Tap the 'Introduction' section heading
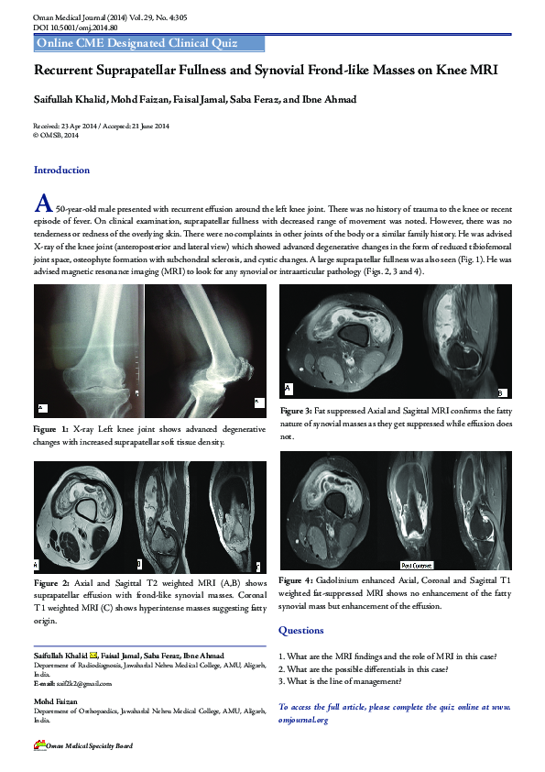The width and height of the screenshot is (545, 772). pos(61,171)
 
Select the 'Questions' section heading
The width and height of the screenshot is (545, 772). pos(300,631)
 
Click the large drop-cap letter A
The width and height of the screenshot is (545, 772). pos(41,203)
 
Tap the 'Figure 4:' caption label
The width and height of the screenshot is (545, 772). pos(296,581)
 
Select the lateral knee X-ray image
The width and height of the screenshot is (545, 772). pos(205,351)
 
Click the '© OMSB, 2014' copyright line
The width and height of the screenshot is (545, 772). pos(56,135)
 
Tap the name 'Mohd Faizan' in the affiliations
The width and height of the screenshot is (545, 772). pos(56,702)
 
